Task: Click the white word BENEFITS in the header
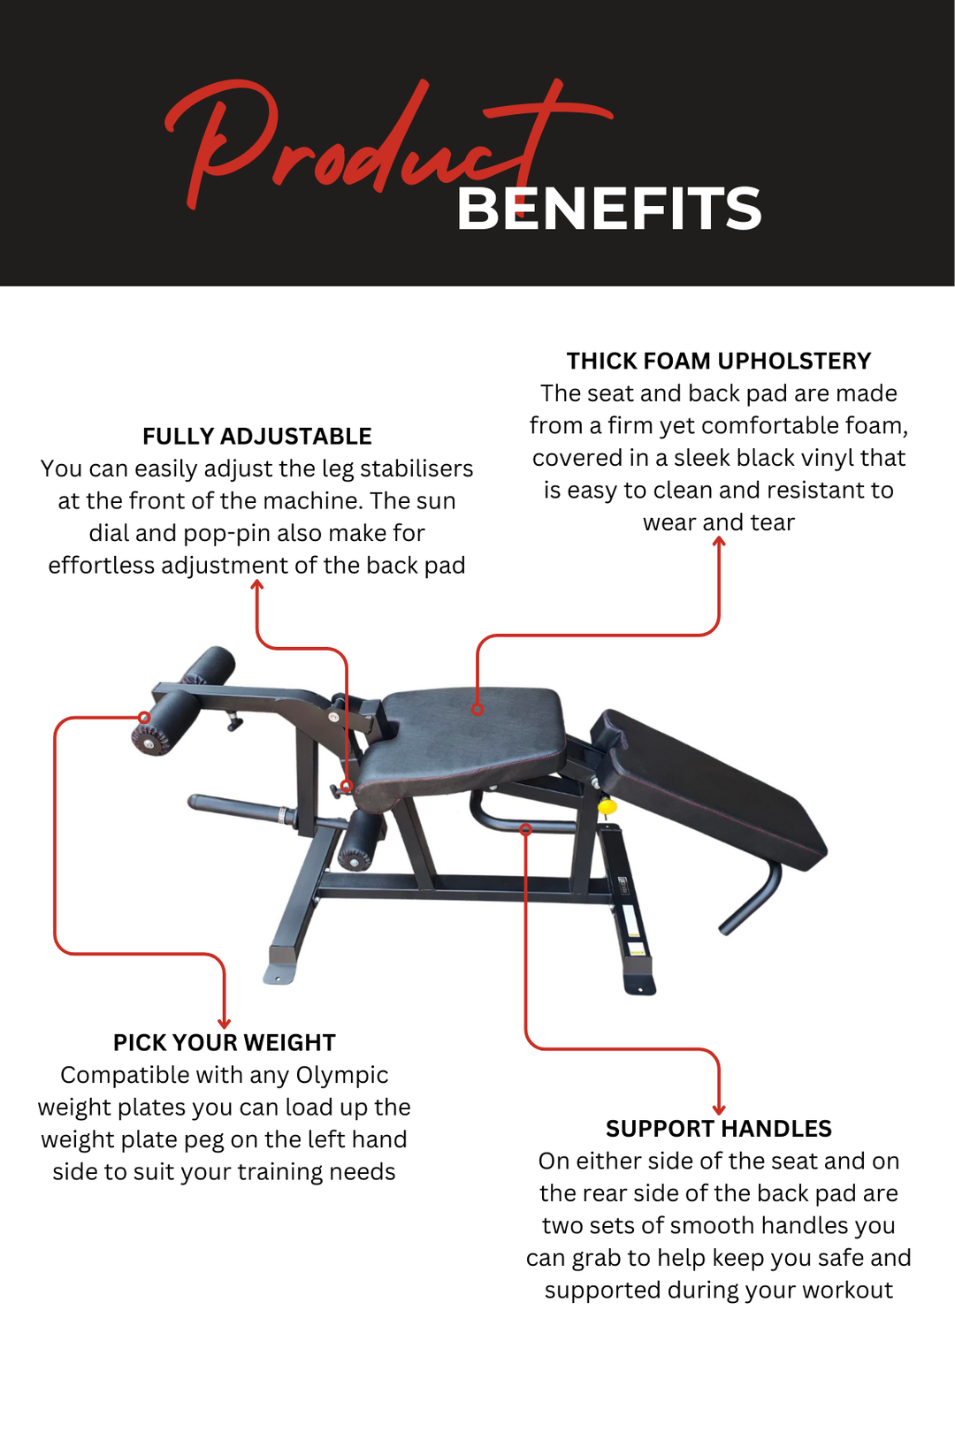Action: (x=608, y=209)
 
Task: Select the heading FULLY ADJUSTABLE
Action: (x=256, y=437)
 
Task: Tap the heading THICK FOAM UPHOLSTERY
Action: (x=718, y=362)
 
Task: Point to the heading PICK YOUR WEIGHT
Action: (x=224, y=1043)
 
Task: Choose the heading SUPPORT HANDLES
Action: (x=718, y=1129)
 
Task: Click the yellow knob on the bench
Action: (x=607, y=806)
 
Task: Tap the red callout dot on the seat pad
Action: (x=477, y=709)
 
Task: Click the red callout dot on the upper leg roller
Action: (x=144, y=718)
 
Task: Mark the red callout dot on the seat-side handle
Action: (x=525, y=829)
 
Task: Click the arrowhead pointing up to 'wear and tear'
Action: (x=719, y=542)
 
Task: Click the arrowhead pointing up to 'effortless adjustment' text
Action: (x=257, y=585)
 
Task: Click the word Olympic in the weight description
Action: (x=341, y=1075)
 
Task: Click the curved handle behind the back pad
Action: (x=752, y=902)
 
